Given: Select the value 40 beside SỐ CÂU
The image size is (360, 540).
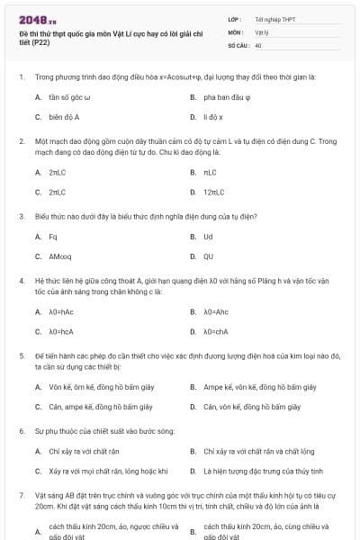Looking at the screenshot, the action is click(258, 44).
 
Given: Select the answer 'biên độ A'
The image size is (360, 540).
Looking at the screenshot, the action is click(65, 117).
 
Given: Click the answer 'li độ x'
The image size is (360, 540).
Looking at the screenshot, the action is click(213, 117).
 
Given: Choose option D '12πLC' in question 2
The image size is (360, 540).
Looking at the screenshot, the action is click(214, 192).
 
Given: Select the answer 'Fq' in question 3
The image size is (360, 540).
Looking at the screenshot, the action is click(53, 237).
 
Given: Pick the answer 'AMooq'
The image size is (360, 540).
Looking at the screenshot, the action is click(60, 256).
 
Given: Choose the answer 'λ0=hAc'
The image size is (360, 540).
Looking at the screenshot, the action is click(61, 311).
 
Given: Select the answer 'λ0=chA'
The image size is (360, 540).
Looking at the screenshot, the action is click(216, 331).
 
